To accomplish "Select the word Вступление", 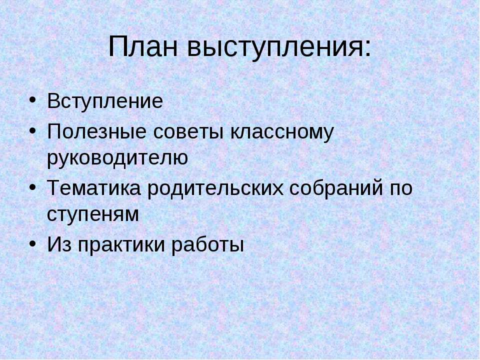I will [105, 102].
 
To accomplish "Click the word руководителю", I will [117, 158].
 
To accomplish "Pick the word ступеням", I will [92, 215].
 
